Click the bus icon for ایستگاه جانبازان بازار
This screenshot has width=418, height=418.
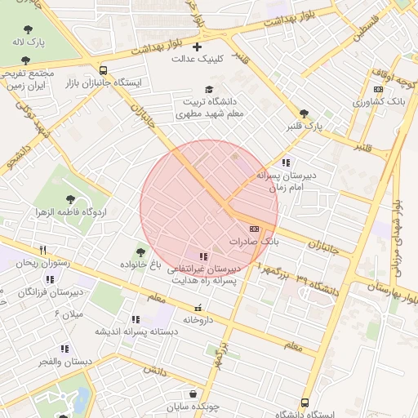pyautogui.click(x=102, y=70)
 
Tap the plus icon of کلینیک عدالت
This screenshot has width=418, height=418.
pyautogui.click(x=197, y=47)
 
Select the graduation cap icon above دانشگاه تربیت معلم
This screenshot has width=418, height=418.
pyautogui.click(x=209, y=89)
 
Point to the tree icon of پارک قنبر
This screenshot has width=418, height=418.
pyautogui.click(x=304, y=114)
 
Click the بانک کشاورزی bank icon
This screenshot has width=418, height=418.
pyautogui.click(x=378, y=90)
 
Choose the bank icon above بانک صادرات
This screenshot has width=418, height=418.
pyautogui.click(x=254, y=229)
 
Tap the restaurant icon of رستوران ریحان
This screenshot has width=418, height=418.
pyautogui.click(x=42, y=251)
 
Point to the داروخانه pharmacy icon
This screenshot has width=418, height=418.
pyautogui.click(x=198, y=308)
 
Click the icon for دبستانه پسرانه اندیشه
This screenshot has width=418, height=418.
pyautogui.click(x=135, y=318)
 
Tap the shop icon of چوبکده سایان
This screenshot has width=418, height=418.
pyautogui.click(x=191, y=394)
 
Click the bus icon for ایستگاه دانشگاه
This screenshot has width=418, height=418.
pyautogui.click(x=305, y=402)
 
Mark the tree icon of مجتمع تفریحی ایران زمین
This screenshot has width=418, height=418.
pyautogui.click(x=27, y=60)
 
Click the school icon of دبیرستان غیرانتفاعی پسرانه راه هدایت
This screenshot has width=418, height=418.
pyautogui.click(x=203, y=256)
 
